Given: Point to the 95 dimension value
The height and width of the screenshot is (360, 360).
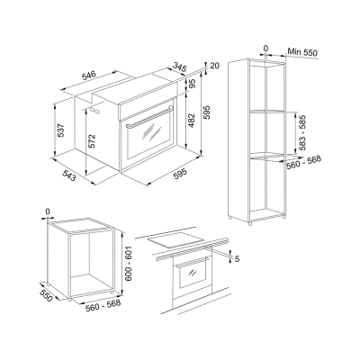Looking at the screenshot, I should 192,85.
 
